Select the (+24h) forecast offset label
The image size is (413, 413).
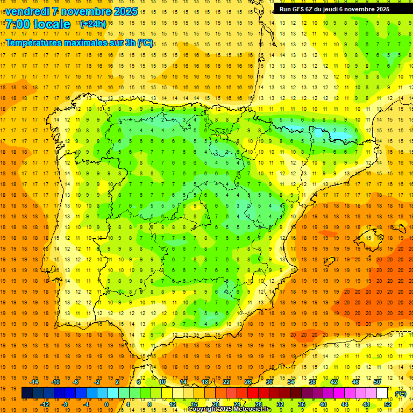coord(93,24)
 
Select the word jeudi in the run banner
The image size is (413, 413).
coord(337,9)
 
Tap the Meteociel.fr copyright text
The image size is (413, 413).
coord(230,409)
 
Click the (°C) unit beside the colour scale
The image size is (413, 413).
coord(400,394)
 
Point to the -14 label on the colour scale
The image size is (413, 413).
coord(34,382)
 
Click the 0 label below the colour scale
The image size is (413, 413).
coord(106,404)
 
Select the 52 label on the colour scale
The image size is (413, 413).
coord(388,404)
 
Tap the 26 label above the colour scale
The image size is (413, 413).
coord(248,382)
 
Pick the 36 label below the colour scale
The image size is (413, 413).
coord(302,404)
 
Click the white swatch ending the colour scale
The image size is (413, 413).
coord(382,393)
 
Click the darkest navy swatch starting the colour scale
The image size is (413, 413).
coord(27,393)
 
